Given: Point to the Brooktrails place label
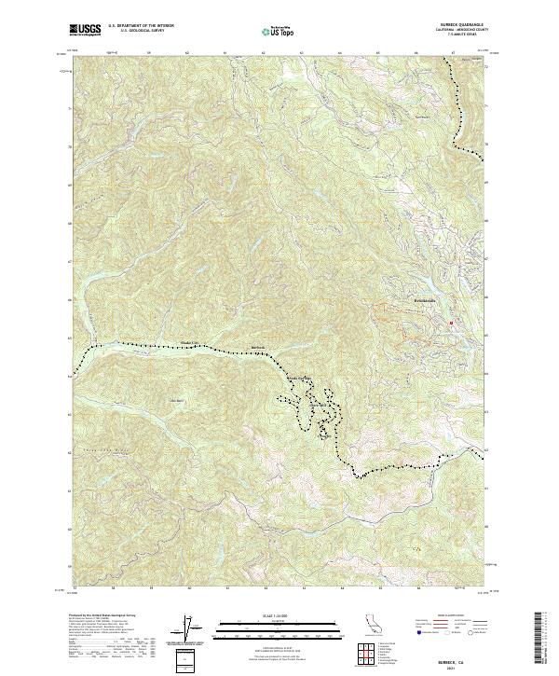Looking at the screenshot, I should (x=425, y=301).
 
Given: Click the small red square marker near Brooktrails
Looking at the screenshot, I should (x=452, y=324).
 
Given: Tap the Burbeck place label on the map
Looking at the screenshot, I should (x=259, y=349).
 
